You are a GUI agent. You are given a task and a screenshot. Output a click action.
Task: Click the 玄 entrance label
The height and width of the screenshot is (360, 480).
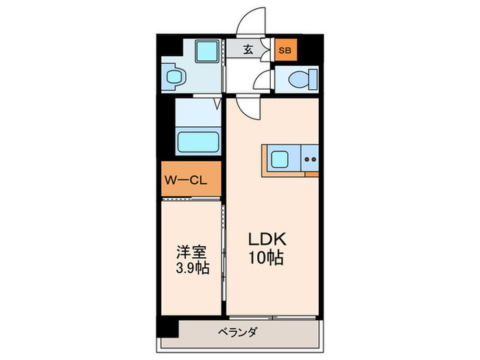tap(248, 49)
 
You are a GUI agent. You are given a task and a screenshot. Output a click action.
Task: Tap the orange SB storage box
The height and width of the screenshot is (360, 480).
tap(286, 49)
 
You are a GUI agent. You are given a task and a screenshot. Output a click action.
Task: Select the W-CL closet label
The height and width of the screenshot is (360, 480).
tap(186, 180)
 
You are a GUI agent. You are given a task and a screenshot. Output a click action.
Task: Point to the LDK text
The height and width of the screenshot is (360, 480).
tap(267, 239)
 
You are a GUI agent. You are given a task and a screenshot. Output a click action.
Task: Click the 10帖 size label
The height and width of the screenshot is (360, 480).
tap(266, 257)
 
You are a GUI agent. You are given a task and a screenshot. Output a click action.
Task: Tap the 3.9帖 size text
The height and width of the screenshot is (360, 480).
tap(193, 268)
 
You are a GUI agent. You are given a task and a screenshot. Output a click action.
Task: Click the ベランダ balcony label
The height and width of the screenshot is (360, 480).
tap(237, 332)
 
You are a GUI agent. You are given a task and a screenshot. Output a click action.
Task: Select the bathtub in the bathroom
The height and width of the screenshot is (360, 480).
tap(198, 142)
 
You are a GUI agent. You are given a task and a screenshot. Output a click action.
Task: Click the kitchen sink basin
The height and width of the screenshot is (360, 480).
tap(279, 160)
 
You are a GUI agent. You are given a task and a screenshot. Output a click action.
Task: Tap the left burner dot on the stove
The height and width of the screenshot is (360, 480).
tap(307, 159)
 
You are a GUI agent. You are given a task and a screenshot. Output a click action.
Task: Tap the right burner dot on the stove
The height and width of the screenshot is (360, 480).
tap(313, 159)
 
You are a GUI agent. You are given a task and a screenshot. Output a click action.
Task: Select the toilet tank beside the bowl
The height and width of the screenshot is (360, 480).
tap(313, 80)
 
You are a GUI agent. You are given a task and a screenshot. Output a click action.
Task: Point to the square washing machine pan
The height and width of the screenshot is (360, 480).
tap(207, 51)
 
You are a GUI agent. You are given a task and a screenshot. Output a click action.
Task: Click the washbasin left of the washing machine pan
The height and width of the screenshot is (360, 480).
tap(174, 77)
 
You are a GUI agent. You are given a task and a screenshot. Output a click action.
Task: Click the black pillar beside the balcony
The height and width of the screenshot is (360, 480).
tap(167, 326)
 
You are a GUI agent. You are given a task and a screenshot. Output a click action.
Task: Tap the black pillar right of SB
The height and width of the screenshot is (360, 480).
tap(310, 49)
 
